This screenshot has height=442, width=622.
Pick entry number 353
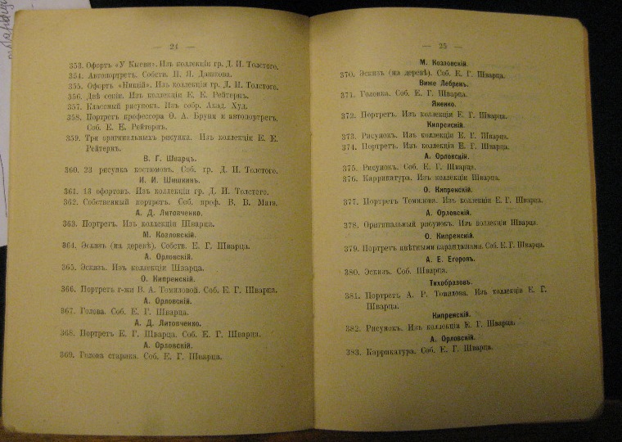pyautogui.click(x=78, y=64)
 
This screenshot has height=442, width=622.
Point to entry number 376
pyautogui.click(x=349, y=178)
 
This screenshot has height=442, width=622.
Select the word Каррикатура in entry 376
pyautogui.click(x=391, y=178)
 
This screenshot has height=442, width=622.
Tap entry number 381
pyautogui.click(x=352, y=295)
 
